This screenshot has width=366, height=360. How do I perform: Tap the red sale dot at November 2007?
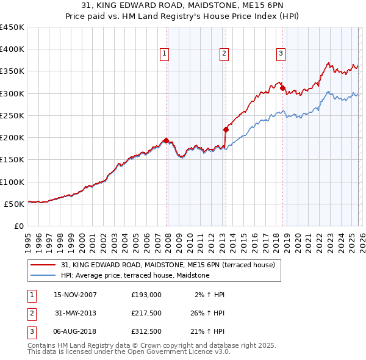tap(167, 140)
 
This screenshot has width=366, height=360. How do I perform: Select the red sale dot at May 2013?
tap(226, 129)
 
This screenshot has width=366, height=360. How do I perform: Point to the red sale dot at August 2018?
tap(282, 88)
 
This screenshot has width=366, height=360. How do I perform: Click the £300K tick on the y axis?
tap(12, 93)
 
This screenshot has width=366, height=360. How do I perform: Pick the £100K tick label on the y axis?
tap(12, 182)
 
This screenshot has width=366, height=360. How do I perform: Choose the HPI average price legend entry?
tap(135, 276)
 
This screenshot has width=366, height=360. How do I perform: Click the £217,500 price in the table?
tap(146, 312)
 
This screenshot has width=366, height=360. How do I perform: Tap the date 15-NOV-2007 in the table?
tap(75, 295)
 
